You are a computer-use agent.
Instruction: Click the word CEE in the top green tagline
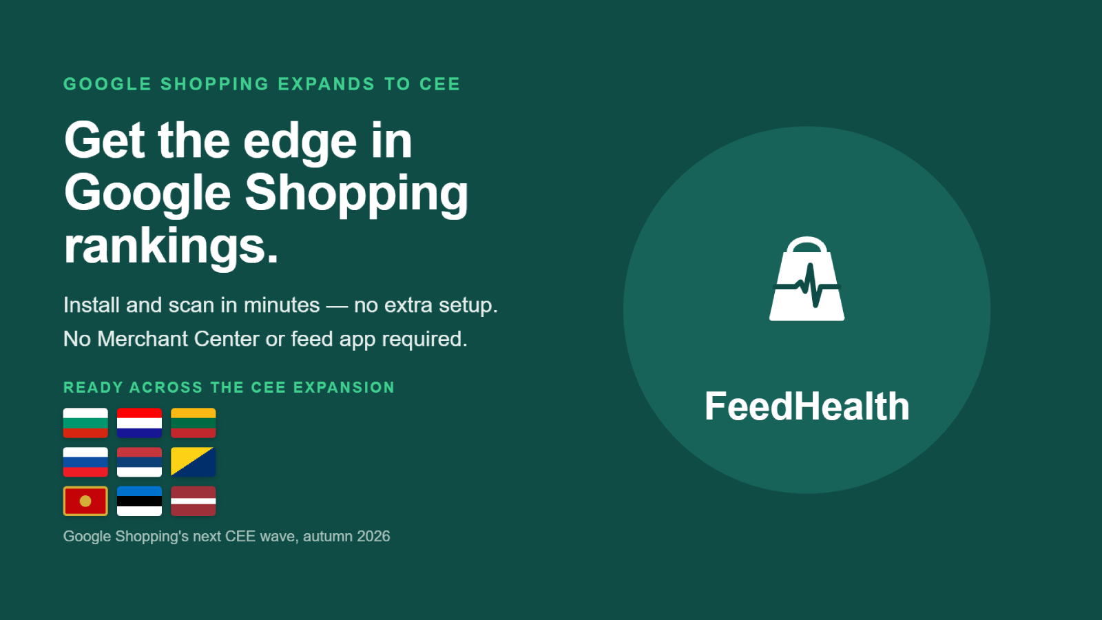[x=440, y=84]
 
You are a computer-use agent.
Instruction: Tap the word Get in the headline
[x=104, y=141]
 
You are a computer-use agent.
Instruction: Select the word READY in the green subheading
[x=93, y=387]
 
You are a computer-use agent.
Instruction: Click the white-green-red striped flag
[x=85, y=423]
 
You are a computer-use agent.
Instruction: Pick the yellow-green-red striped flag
[x=194, y=423]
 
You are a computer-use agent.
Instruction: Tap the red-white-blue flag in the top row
[x=139, y=423]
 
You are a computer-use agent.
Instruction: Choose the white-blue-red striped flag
[x=85, y=462]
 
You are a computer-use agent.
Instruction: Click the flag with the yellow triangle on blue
[x=194, y=462]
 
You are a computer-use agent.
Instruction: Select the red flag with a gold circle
[x=85, y=501]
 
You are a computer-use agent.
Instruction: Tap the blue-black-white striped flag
[x=139, y=501]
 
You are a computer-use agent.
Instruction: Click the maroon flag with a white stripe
[x=194, y=501]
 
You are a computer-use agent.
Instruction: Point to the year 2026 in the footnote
[x=373, y=537]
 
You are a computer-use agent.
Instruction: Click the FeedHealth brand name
[x=807, y=406]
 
